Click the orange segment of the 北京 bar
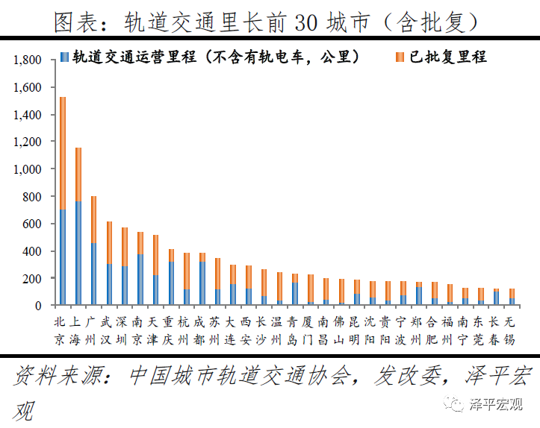pyautogui.click(x=63, y=153)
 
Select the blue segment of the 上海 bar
pyautogui.click(x=78, y=253)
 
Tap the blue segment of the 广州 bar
pyautogui.click(x=93, y=274)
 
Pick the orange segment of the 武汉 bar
pyautogui.click(x=109, y=242)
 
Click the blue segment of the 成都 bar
pyautogui.click(x=202, y=283)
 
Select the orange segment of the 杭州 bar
pyautogui.click(x=186, y=271)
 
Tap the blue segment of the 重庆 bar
pyautogui.click(x=171, y=283)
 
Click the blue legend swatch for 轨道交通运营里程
pyautogui.click(x=65, y=57)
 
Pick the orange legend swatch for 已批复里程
pyautogui.click(x=399, y=57)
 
